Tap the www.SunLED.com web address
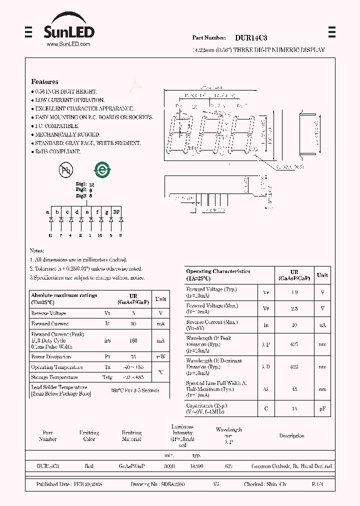coord(68,44)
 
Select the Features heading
coord(44,81)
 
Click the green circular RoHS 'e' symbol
coord(103,169)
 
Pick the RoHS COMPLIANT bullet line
coord(57,151)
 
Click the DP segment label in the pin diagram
coord(116,212)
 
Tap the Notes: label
coord(36,250)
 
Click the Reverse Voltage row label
coord(48,313)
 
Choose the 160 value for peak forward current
coord(133,340)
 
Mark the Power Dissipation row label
coord(51,357)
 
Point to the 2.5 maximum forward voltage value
coord(294,309)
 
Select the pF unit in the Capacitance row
coord(322,408)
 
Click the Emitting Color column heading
coord(89,436)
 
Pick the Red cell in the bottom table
coord(89,466)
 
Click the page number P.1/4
coord(317,484)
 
